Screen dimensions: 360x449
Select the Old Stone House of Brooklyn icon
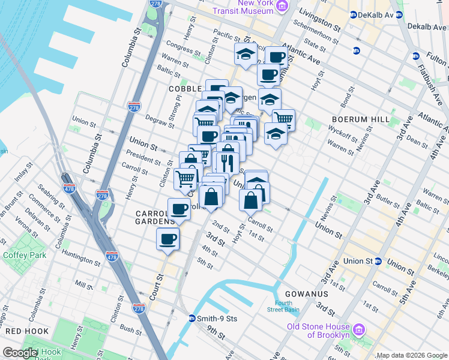360,329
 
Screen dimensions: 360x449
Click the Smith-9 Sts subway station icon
192,319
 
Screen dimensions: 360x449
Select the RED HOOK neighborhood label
22,331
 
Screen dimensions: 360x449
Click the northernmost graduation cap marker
246,54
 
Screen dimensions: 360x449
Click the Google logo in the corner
20,353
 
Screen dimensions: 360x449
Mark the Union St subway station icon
378,261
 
